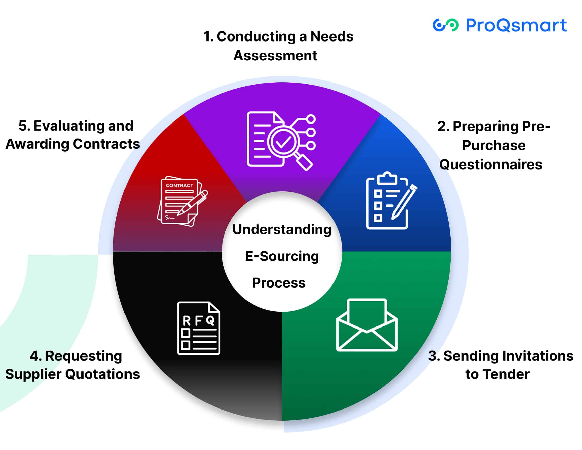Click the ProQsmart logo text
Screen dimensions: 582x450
(x=516, y=26)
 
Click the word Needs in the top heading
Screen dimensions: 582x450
(x=332, y=36)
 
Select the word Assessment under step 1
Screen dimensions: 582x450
(x=275, y=56)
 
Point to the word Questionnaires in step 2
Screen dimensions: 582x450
(x=491, y=165)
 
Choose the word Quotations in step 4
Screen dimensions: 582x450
(x=103, y=374)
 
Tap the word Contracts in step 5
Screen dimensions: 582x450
(x=106, y=144)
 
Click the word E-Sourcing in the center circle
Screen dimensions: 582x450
(x=282, y=256)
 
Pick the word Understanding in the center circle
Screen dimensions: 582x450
(x=282, y=230)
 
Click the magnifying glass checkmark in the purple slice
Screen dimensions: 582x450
(x=283, y=142)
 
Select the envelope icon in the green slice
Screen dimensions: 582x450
(x=367, y=325)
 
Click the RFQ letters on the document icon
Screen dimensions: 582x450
(x=198, y=321)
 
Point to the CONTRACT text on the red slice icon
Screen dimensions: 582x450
(x=179, y=186)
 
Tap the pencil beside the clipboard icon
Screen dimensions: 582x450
(x=404, y=202)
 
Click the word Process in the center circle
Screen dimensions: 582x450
(x=279, y=283)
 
